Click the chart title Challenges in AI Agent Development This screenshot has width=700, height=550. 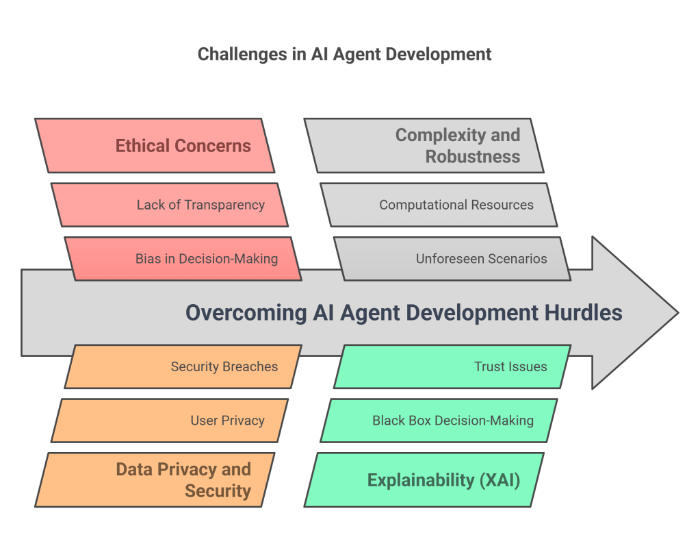click(344, 55)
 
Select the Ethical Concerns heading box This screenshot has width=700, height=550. click(155, 146)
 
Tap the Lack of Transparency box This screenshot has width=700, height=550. click(170, 205)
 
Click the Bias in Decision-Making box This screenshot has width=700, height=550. click(183, 259)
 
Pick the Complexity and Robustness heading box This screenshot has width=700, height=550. click(424, 146)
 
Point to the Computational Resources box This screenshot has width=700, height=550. click(439, 205)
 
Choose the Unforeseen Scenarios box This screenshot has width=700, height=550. click(452, 259)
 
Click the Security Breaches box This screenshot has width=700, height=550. click(183, 366)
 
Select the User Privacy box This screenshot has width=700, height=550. click(170, 421)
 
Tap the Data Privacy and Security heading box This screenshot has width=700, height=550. click(155, 480)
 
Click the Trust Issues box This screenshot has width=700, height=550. click(452, 366)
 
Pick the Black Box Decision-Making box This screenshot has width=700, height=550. click(439, 421)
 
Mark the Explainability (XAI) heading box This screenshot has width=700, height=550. click(424, 480)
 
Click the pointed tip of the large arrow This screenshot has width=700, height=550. click(679, 313)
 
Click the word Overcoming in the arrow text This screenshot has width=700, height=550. click(246, 313)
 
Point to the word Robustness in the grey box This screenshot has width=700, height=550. click(473, 157)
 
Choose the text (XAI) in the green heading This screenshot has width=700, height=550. click(500, 480)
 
